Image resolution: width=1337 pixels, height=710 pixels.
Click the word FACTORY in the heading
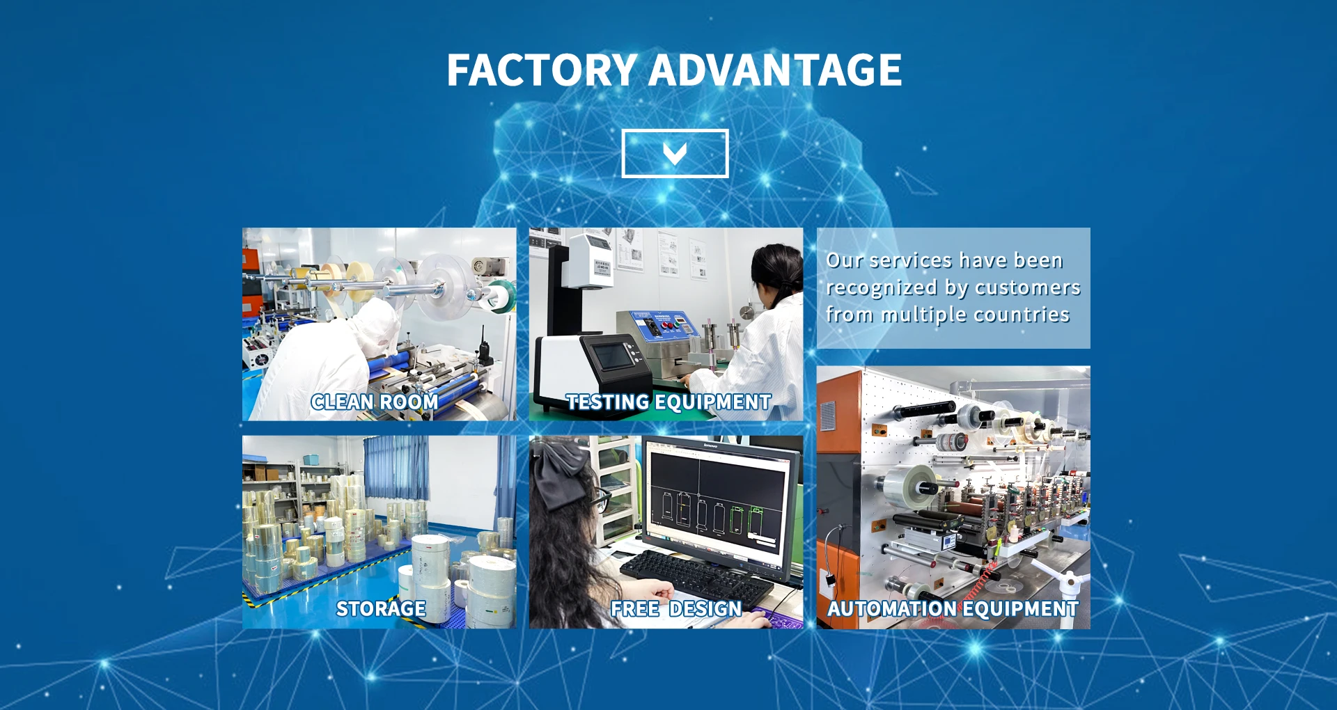pos(542,70)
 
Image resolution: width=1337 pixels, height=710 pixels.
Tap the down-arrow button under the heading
pos(675,153)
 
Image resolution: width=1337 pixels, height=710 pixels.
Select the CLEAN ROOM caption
pos(374,402)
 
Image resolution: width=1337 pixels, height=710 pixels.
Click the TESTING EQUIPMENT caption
pos(668,402)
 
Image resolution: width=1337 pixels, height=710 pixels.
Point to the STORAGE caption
pos(381,608)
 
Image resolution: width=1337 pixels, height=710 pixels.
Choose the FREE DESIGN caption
pos(676,608)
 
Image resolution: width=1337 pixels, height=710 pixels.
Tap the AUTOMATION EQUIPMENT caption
pos(953,608)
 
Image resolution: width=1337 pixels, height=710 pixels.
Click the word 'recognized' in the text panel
pos(882,288)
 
